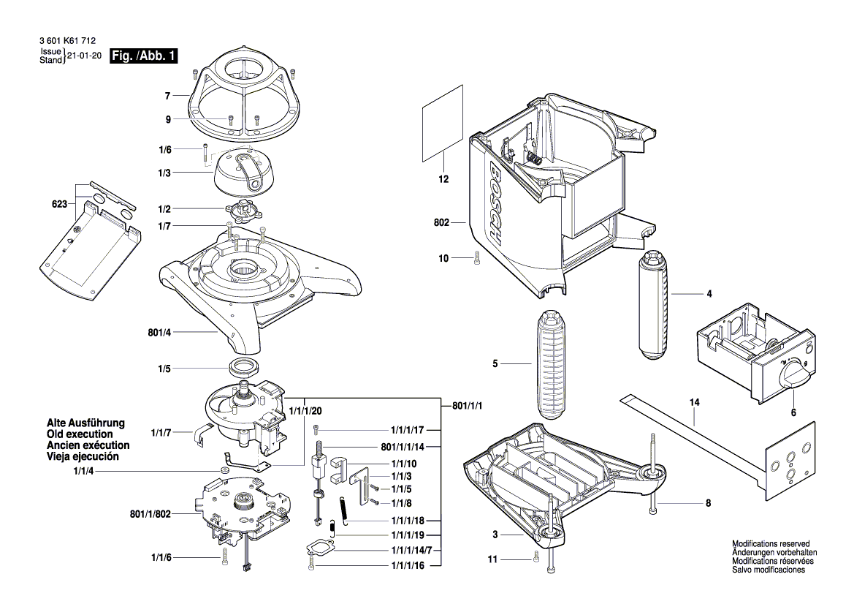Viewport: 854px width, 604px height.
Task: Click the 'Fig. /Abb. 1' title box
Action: [142, 56]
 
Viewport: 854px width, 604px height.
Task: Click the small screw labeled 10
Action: [477, 257]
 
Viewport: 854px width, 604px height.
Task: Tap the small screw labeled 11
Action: [538, 559]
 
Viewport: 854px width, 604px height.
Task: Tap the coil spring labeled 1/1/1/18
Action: [344, 511]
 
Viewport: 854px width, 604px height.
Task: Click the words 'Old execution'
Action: [79, 434]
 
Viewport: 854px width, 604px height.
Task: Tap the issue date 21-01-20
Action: [84, 56]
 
